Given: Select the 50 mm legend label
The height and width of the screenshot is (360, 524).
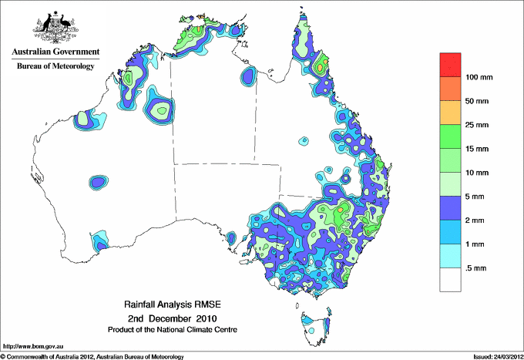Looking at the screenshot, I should click(x=477, y=102).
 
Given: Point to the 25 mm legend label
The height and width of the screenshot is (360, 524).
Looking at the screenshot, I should click(x=477, y=125).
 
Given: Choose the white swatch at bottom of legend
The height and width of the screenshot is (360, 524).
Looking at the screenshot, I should click(x=450, y=279).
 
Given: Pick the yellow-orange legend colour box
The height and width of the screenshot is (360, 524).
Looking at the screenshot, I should click(x=450, y=113).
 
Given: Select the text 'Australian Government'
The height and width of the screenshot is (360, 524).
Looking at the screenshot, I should click(x=55, y=52).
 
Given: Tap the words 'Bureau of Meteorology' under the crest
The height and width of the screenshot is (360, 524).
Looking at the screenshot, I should click(x=55, y=66).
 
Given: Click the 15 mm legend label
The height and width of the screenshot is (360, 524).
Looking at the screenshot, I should click(x=477, y=149).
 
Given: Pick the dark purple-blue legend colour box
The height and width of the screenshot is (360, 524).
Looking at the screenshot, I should click(x=450, y=208).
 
